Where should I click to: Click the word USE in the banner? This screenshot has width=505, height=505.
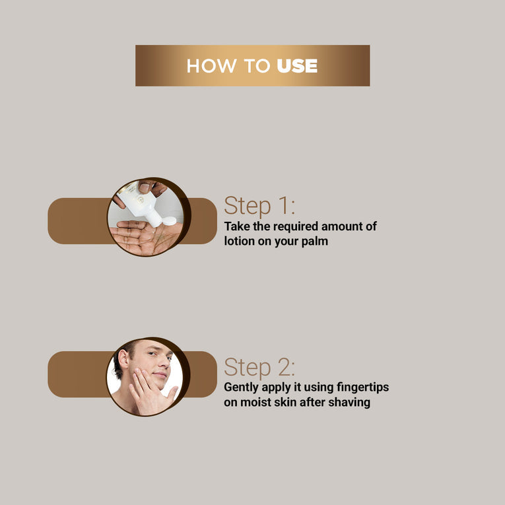tap(297, 66)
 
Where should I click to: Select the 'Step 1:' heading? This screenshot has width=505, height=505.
tap(259, 206)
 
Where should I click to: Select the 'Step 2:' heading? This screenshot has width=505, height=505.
tap(259, 368)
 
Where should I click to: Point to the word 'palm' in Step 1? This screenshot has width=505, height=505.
tap(315, 242)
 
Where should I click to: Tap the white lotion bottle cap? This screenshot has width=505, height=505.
tap(169, 221)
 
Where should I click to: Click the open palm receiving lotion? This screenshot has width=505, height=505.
tap(145, 238)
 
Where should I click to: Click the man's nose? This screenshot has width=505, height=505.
tap(164, 362)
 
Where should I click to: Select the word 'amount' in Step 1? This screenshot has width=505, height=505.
tap(342, 226)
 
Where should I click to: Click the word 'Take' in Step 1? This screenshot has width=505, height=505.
tap(237, 226)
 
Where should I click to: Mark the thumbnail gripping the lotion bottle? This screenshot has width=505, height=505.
tap(145, 187)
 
